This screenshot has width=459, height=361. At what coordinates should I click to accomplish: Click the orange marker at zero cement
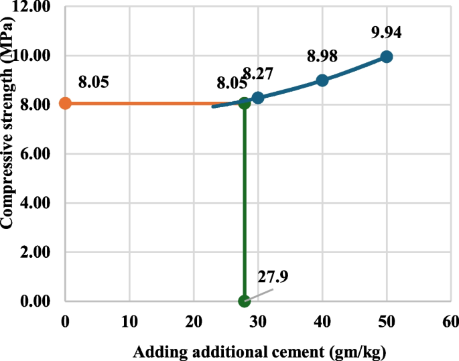point(65,103)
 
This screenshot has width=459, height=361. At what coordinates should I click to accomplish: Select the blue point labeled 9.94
point(386,57)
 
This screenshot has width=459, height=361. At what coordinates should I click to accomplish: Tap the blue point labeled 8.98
point(322,80)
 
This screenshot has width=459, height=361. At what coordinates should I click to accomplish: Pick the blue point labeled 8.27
point(258,98)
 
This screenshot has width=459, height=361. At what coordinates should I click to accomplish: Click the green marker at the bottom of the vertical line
point(244,301)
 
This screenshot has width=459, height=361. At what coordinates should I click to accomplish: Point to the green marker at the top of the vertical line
point(245,103)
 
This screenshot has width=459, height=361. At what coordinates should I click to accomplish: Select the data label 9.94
point(387,31)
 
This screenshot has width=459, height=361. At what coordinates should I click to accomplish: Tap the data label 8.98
point(322,56)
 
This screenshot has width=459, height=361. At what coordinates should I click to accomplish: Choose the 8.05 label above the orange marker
point(93,82)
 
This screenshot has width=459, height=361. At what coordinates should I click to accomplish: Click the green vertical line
point(245,201)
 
